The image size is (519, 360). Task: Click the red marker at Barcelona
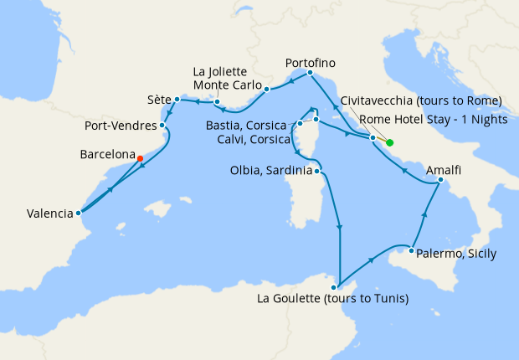pos(140,158)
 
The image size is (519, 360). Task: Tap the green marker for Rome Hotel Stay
pos(390,142)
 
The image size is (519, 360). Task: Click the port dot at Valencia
pos(78,213)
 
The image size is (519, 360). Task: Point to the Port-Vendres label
pos(120,127)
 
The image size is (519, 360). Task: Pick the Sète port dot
pos(177,99)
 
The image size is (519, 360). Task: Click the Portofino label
pos(311,63)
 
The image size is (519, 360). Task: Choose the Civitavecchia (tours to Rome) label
pos(416,100)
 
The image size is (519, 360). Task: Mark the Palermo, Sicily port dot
pos(412,250)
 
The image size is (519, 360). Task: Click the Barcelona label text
pos(107,155)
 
